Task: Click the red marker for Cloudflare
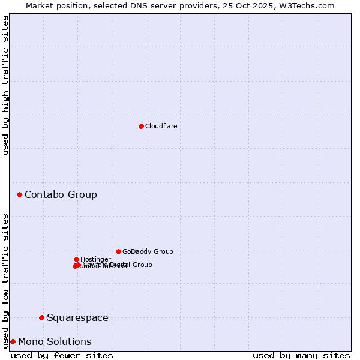[x=141, y=126]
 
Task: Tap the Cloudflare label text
[x=161, y=126]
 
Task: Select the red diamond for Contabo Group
[x=20, y=194]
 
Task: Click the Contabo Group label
[x=61, y=194]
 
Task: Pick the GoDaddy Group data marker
[x=118, y=251]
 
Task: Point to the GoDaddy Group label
[x=148, y=251]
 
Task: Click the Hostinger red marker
[x=76, y=259]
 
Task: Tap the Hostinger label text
[x=95, y=259]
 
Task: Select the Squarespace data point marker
[x=41, y=317]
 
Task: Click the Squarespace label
[x=77, y=317]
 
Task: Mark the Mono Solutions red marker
[x=13, y=341]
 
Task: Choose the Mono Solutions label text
[x=55, y=341]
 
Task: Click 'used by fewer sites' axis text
[x=62, y=355]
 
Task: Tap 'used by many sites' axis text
[x=301, y=355]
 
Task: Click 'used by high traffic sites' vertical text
[x=5, y=85]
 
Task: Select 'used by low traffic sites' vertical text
[x=5, y=281]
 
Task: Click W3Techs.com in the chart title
[x=310, y=5]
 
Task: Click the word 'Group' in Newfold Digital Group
[x=142, y=265]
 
